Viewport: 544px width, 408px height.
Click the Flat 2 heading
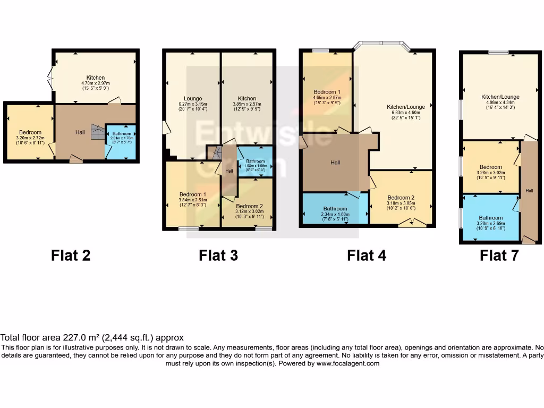point(71,256)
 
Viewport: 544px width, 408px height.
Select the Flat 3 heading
point(218,256)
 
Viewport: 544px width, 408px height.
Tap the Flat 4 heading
point(367,256)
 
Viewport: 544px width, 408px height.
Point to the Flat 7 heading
point(499,256)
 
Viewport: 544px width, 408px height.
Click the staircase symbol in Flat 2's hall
point(97,131)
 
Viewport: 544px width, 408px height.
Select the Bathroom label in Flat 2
point(121,134)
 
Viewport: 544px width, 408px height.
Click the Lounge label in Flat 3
point(193,98)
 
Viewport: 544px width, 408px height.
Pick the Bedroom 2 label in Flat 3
point(249,206)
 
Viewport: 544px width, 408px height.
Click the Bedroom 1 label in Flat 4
point(327,92)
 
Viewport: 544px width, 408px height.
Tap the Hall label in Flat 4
point(335,163)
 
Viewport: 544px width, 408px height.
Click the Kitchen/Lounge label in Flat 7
point(500,97)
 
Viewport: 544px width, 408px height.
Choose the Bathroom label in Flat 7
point(490,218)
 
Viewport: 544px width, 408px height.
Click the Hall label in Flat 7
point(530,190)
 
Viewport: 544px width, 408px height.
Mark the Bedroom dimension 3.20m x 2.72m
point(29,138)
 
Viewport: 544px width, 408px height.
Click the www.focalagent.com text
point(347,364)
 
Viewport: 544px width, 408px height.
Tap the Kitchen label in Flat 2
point(96,78)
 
